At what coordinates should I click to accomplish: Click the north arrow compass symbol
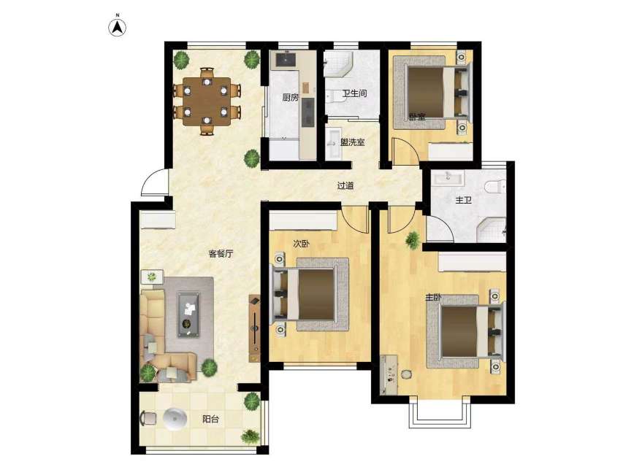coord(118,27)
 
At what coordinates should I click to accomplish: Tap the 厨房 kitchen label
coord(291,97)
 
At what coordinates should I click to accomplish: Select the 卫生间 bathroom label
coord(354,93)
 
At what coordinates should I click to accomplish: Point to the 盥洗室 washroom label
coord(353,142)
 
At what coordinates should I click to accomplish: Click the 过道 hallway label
coord(345,185)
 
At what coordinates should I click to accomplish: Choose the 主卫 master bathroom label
coord(463,200)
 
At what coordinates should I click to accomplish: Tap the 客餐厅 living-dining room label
coord(221,254)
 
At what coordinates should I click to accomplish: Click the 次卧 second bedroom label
coord(301,244)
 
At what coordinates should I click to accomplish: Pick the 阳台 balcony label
coord(210,419)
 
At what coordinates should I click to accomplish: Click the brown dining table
coord(207,101)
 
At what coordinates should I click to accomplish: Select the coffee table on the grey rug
coord(188,314)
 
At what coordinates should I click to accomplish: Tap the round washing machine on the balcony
coord(175,419)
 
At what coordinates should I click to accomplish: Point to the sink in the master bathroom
coord(448,177)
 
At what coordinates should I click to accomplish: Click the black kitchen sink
coord(286,60)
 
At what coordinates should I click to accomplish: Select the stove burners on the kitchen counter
coord(307,112)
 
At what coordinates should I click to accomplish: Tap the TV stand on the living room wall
coord(254,328)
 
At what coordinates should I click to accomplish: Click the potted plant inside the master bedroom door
coord(413,240)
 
